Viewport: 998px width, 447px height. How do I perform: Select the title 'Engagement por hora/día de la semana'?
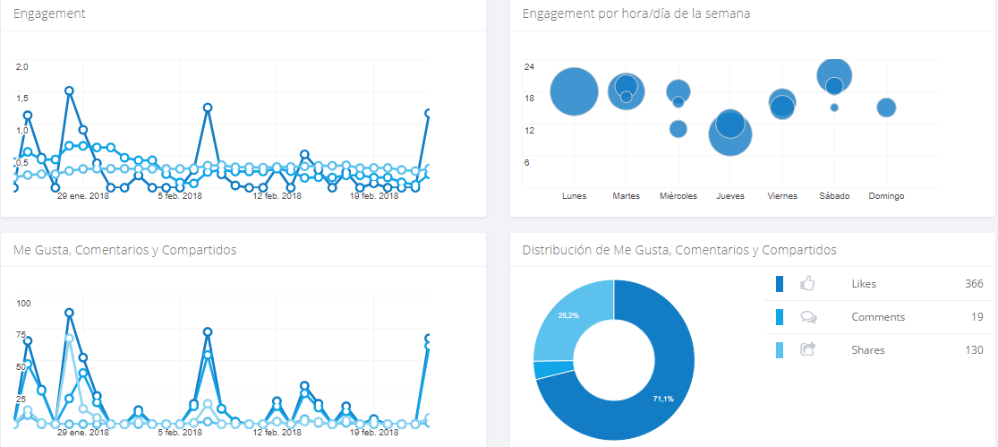pos(635,14)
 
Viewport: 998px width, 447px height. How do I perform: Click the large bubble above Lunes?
pos(574,91)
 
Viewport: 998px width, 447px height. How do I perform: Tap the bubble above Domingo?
pos(886,107)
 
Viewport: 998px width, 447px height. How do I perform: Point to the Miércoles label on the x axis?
pos(678,196)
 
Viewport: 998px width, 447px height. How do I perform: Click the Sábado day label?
pos(834,196)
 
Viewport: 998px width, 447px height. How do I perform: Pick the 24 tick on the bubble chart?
pos(529,66)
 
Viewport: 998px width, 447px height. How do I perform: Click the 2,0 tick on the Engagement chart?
pos(23,66)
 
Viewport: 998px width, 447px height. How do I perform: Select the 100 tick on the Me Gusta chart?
pos(23,304)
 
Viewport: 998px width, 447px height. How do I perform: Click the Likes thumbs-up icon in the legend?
pos(808,284)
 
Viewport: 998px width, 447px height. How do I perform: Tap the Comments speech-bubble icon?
pos(808,317)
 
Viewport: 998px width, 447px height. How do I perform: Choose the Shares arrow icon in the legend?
pos(808,350)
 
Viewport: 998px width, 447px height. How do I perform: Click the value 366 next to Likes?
pos(974,284)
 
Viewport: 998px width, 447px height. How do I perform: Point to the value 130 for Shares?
pos(974,350)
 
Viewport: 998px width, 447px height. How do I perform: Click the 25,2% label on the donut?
pos(567,316)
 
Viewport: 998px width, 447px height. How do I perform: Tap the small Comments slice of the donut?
pos(542,369)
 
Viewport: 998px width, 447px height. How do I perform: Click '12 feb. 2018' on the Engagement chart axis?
pos(277,196)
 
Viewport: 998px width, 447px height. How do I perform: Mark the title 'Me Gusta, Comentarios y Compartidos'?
pos(124,250)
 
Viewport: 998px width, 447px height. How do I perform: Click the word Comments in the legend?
pos(878,317)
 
